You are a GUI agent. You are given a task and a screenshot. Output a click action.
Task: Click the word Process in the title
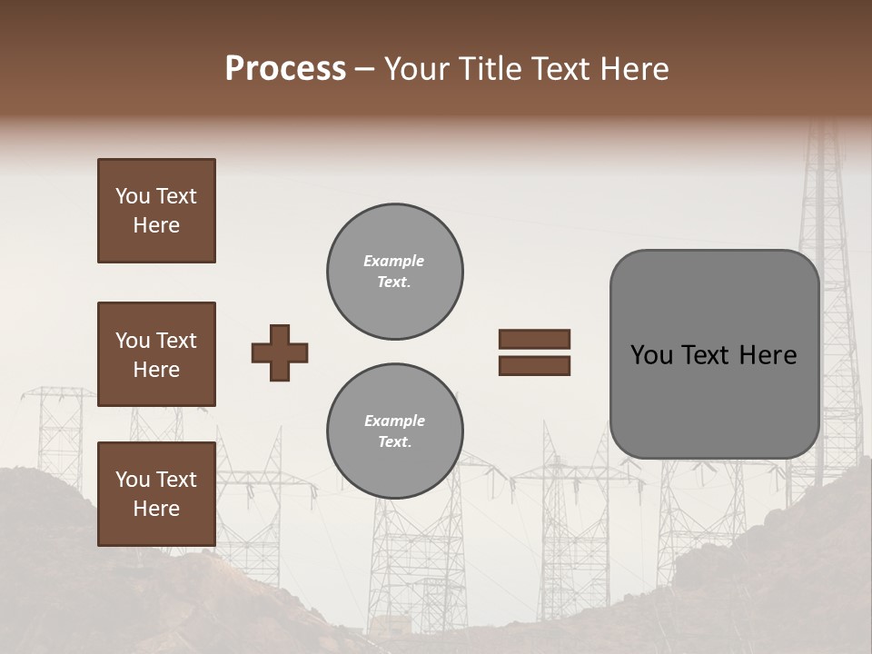coord(285,69)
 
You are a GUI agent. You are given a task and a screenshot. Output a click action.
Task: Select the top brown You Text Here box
coord(156,211)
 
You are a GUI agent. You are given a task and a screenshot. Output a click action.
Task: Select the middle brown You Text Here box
coord(156,354)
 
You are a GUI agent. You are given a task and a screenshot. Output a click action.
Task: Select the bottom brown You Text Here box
coord(156,494)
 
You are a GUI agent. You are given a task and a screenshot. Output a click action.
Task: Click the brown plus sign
coord(280,352)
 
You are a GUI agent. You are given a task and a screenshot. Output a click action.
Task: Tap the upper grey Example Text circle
coord(395,272)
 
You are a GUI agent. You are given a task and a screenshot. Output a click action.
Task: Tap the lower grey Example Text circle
coord(395,431)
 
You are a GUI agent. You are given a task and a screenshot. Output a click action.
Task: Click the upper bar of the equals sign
coord(534,340)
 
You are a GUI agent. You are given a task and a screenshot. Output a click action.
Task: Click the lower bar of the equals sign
coord(534,365)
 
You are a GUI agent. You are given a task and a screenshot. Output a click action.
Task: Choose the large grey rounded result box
coord(715,354)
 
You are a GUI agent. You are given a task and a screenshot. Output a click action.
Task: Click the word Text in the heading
coord(559,69)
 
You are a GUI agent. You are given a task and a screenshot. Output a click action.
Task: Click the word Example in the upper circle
coord(394,261)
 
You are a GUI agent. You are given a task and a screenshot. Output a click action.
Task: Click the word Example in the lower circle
coord(394,421)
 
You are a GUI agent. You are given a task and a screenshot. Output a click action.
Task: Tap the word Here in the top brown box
coord(156,225)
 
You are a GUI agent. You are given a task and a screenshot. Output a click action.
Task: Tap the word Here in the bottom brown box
coord(156,509)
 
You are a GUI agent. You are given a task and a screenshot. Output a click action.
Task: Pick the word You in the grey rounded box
coord(651,355)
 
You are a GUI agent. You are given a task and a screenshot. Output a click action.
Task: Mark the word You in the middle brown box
coord(133,341)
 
